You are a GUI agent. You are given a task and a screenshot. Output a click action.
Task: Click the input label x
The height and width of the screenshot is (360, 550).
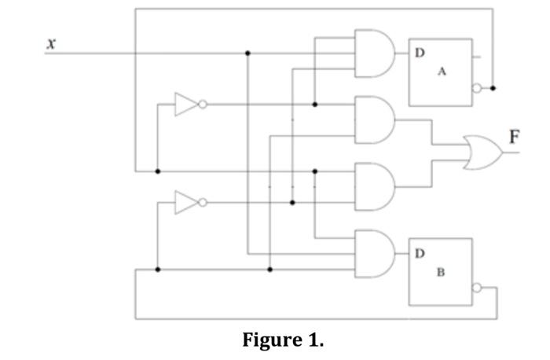pyautogui.click(x=51, y=44)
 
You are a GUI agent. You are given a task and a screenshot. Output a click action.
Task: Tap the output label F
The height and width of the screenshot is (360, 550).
pyautogui.click(x=514, y=138)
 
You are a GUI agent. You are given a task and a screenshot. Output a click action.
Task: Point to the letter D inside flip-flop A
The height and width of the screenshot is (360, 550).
pyautogui.click(x=420, y=53)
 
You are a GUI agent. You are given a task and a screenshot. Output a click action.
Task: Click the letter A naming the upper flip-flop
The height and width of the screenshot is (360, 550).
pyautogui.click(x=442, y=72)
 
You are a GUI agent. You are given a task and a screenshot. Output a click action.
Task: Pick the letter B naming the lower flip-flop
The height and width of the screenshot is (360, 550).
pyautogui.click(x=441, y=273)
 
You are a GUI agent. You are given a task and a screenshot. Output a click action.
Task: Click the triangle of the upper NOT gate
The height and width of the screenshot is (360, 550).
pyautogui.click(x=185, y=104)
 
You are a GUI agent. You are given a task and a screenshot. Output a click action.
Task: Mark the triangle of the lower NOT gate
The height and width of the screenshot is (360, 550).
pyautogui.click(x=185, y=202)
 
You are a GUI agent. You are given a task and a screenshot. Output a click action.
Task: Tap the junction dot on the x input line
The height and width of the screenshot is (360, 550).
pyautogui.click(x=248, y=53)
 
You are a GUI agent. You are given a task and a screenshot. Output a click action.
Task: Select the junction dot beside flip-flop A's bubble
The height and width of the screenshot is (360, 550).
pyautogui.click(x=493, y=88)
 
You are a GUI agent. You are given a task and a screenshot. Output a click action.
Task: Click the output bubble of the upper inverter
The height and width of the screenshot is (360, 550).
pyautogui.click(x=203, y=104)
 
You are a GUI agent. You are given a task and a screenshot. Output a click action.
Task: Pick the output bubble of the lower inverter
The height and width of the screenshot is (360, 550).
pyautogui.click(x=203, y=202)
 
